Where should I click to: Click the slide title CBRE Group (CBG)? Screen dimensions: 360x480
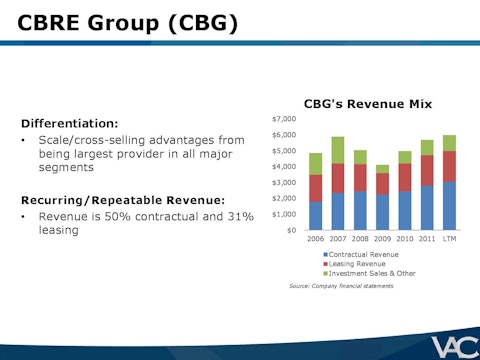(129, 21)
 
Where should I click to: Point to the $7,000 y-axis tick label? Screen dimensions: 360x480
(285, 119)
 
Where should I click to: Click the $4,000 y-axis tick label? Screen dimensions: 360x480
(285, 166)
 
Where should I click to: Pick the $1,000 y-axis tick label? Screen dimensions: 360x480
(285, 214)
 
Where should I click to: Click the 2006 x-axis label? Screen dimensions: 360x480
(316, 240)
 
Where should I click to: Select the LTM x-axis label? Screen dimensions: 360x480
(449, 240)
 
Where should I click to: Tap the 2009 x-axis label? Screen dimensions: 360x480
(383, 240)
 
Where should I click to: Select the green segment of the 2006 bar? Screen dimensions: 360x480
(316, 164)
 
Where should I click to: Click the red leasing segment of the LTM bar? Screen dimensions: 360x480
(449, 166)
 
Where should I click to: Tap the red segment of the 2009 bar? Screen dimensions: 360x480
(383, 184)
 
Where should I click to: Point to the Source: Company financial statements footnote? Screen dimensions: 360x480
(342, 286)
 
